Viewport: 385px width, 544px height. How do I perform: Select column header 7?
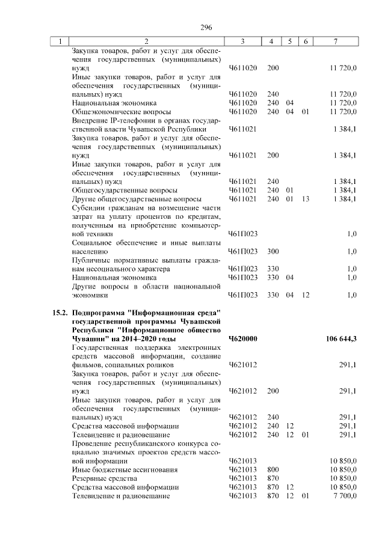[x=336, y=41]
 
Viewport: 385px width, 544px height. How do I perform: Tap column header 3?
[x=242, y=41]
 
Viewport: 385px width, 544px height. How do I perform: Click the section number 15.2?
[x=59, y=313]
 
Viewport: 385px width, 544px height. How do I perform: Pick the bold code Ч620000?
[x=243, y=339]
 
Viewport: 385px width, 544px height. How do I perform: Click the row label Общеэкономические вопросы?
[x=121, y=112]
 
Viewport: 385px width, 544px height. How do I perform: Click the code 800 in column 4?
[x=273, y=469]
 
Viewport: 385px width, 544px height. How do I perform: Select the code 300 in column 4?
[x=273, y=252]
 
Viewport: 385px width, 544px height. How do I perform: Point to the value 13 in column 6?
[x=305, y=199]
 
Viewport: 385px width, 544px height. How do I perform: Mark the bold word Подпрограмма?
[x=99, y=313]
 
